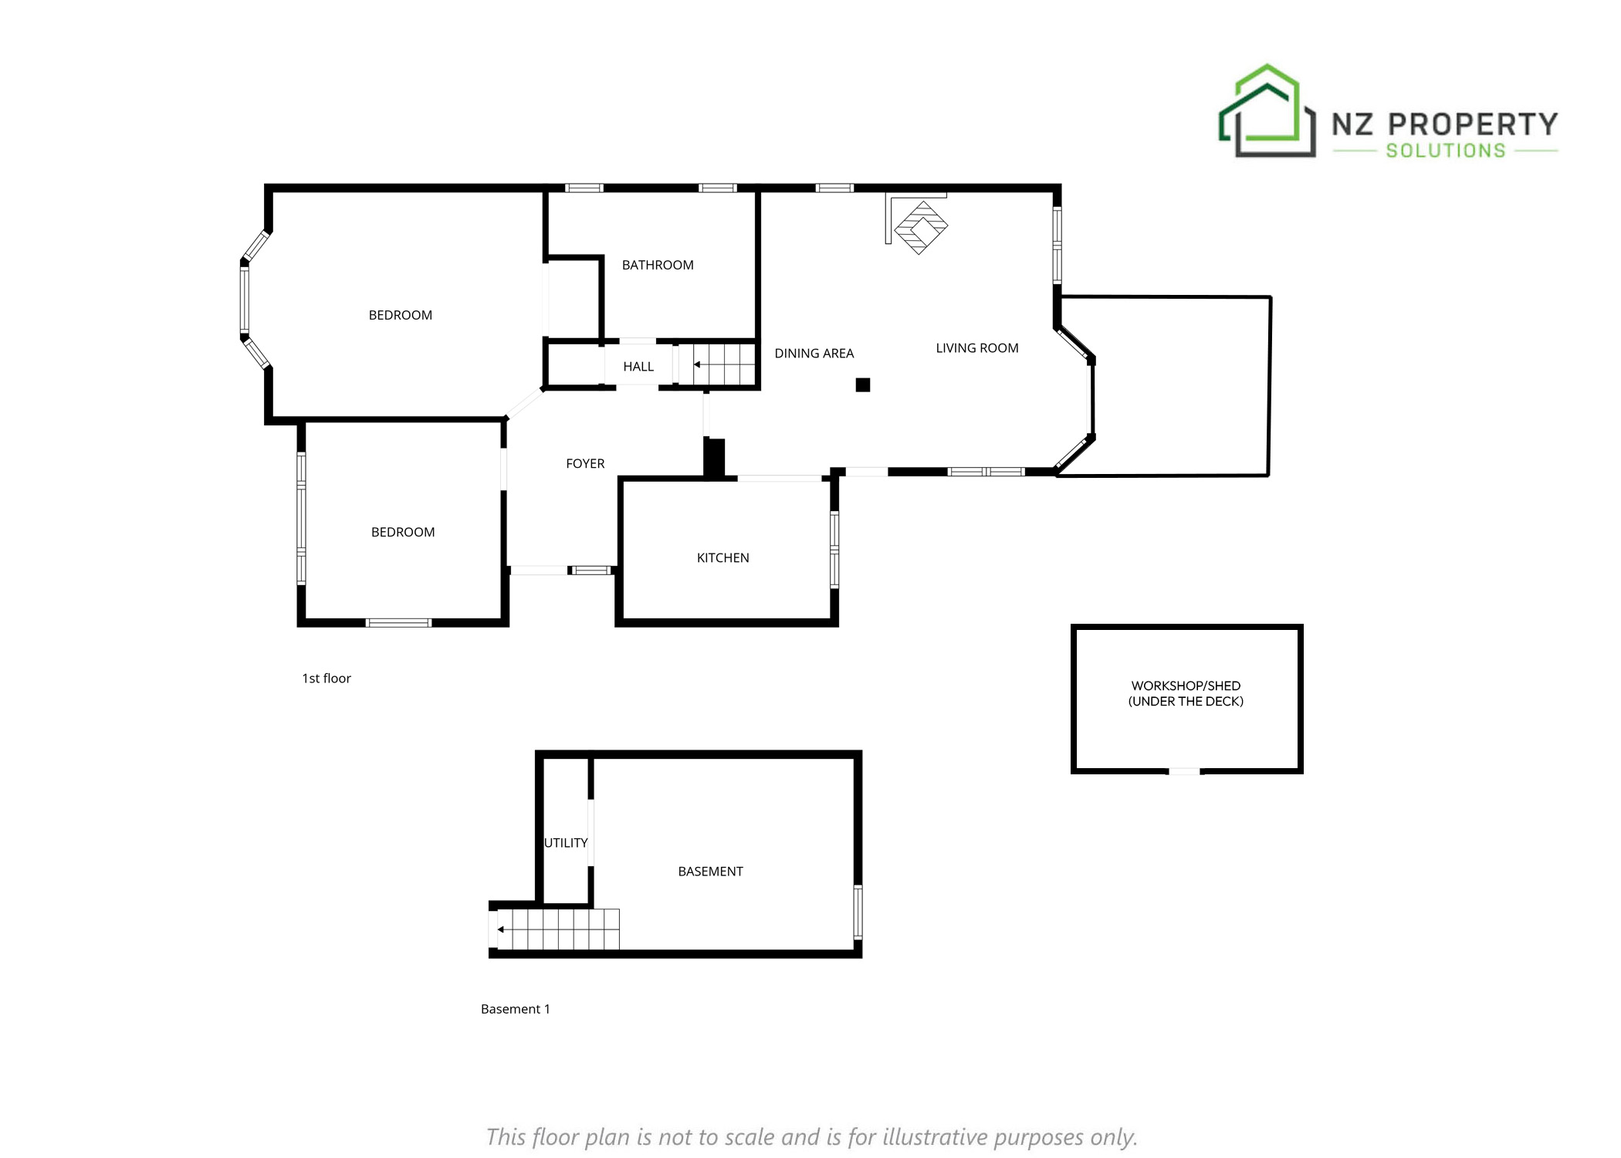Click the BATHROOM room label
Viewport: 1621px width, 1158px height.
[x=658, y=265]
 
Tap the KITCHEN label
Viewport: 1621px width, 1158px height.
[x=723, y=557]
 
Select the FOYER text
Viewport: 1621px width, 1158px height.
[x=585, y=463]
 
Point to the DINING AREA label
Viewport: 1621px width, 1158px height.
[x=814, y=353]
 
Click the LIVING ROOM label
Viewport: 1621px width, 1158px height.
[x=976, y=347]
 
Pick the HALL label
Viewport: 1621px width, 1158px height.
[x=638, y=366]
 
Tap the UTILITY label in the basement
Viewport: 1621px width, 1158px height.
[x=566, y=842]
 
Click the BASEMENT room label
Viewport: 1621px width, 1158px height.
[x=710, y=871]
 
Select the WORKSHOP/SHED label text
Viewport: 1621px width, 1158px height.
[x=1186, y=686]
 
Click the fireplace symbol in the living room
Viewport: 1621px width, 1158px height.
[x=920, y=228]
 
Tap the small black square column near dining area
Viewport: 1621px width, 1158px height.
[x=863, y=384]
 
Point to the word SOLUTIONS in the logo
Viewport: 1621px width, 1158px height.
[x=1446, y=151]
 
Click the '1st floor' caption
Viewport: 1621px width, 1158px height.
[x=326, y=678]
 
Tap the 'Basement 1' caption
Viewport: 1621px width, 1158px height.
[x=515, y=1008]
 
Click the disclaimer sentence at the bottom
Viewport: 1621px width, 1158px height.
[x=811, y=1136]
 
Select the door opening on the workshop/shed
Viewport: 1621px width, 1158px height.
[x=1184, y=770]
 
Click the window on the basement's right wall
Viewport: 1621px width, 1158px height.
[x=858, y=912]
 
